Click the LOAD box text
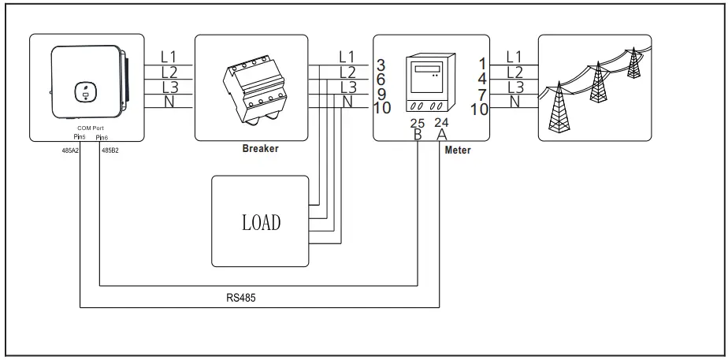point(260,222)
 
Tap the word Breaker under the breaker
point(260,148)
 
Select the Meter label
point(458,149)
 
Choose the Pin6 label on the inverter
point(102,137)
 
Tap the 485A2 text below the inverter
point(70,149)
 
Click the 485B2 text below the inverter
point(110,149)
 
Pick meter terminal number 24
point(442,123)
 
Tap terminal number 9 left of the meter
point(381,94)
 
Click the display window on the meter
point(426,71)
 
